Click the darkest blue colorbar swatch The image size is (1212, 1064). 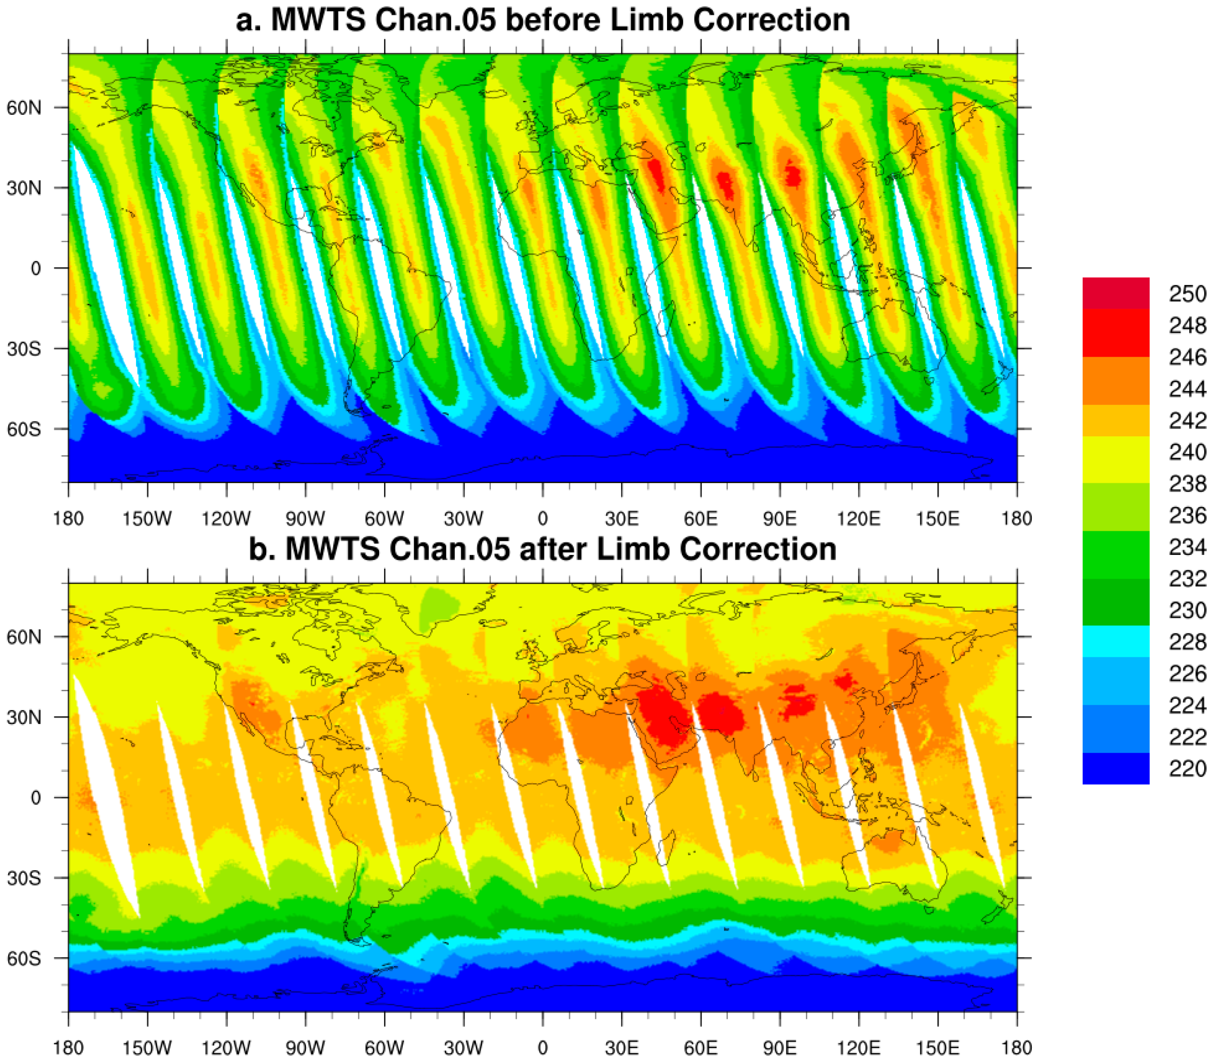point(1115,769)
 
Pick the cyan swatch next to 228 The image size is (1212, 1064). point(1115,641)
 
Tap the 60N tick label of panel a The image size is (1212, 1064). point(24,108)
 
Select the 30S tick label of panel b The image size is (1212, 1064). point(24,878)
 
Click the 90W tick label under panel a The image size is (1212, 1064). point(305,519)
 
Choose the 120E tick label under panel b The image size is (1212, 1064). point(858,1048)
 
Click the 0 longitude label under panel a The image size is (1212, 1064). point(542,519)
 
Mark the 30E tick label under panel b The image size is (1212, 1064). point(621,1048)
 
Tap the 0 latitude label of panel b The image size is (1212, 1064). point(36,798)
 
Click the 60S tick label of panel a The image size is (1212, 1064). point(24,429)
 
